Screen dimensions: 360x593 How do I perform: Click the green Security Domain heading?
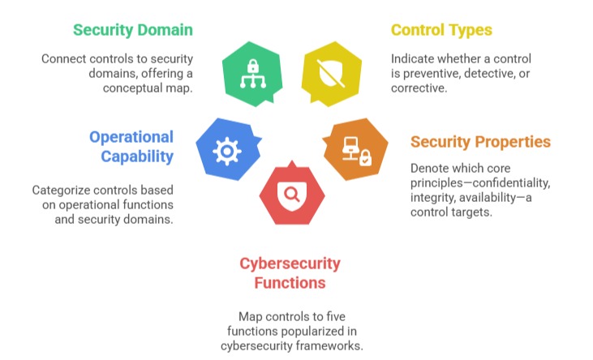point(133,30)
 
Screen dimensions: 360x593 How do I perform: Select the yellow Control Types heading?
point(441,30)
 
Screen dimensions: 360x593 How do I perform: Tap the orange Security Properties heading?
point(480,142)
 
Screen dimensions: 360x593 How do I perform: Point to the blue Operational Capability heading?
point(131,146)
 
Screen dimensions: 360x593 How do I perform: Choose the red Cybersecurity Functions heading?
point(290,273)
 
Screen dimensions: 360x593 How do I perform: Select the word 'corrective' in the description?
point(419,88)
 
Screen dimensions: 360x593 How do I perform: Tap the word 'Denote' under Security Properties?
point(431,168)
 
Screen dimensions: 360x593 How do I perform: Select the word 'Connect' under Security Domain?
point(66,59)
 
